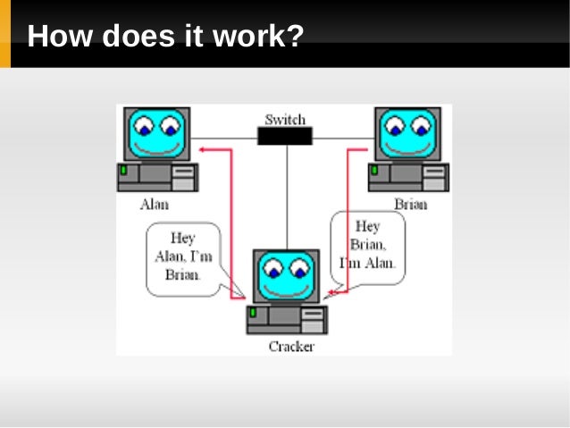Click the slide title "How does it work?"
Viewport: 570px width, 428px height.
tap(165, 37)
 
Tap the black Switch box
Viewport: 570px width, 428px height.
tap(285, 136)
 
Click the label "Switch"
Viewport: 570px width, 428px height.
tap(285, 119)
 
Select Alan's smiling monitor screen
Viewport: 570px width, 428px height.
tap(157, 133)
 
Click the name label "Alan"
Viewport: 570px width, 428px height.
tap(154, 204)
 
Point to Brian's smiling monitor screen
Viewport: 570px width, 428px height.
tap(408, 133)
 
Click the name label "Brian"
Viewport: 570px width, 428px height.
tap(410, 204)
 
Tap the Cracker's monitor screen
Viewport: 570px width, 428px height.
tap(286, 276)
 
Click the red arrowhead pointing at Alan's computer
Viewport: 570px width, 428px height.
tap(204, 150)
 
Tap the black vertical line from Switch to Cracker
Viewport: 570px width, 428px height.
tap(287, 197)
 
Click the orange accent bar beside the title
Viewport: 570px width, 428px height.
tap(5, 34)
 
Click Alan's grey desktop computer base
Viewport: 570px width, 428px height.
tap(157, 177)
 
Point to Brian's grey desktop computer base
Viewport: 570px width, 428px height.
tap(408, 177)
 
